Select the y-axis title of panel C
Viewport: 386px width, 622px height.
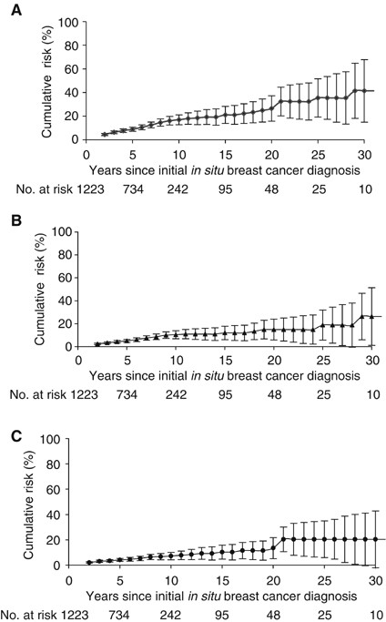pyautogui.click(x=30, y=504)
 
